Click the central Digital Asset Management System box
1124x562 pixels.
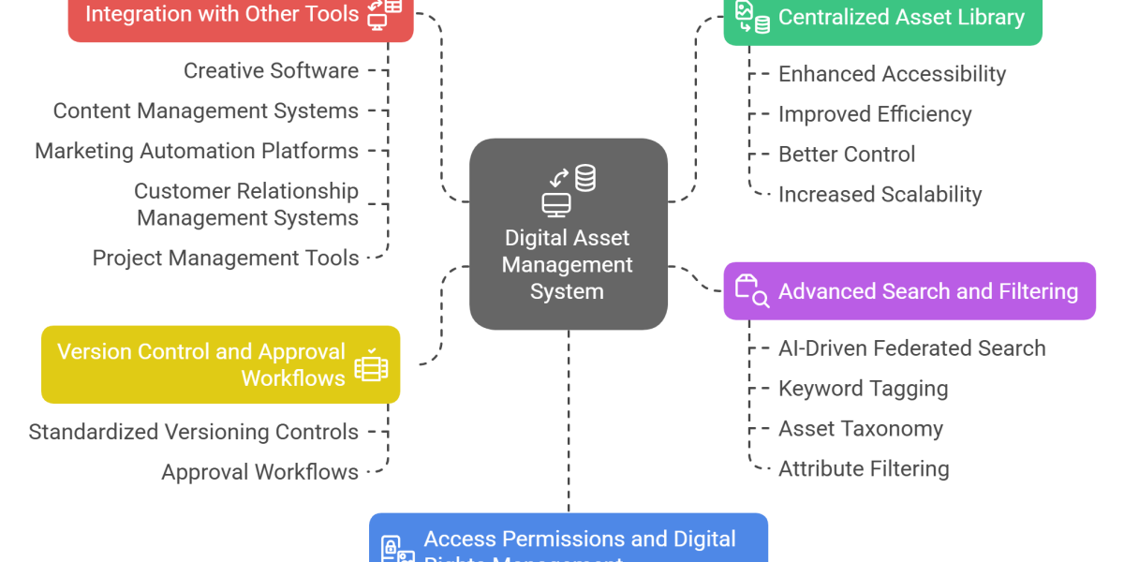pos(568,234)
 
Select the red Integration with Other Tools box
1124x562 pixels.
pos(240,17)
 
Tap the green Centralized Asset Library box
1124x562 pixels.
pos(881,19)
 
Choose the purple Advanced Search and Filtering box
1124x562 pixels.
pos(909,291)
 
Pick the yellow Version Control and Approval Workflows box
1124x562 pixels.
pos(221,364)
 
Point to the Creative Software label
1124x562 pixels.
pos(271,70)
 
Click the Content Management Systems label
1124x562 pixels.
pos(205,111)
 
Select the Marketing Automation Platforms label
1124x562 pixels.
pos(197,151)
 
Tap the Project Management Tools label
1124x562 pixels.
pos(226,258)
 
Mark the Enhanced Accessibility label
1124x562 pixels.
pos(892,74)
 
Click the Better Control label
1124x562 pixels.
pos(847,155)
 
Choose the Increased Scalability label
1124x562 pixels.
pos(880,195)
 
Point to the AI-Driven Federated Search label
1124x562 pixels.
pos(911,348)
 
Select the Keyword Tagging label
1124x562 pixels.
pos(863,389)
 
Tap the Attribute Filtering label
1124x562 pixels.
pos(864,469)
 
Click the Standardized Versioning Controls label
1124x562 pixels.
pos(193,433)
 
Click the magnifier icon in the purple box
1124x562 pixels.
pos(761,299)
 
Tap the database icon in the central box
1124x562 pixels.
pos(585,177)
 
